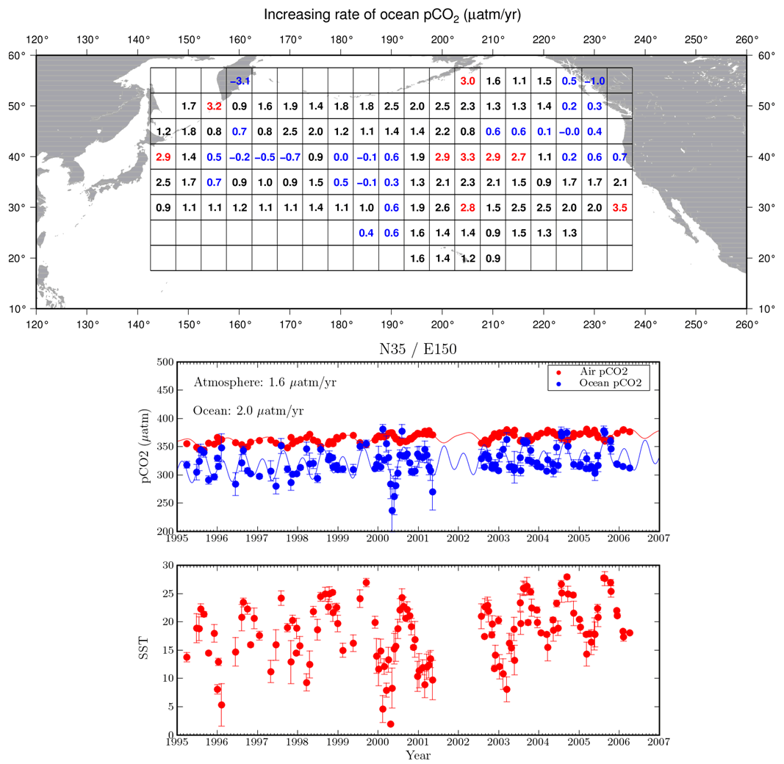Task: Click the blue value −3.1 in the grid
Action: pyautogui.click(x=240, y=81)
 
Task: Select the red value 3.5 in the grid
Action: pyautogui.click(x=619, y=207)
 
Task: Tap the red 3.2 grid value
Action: pyautogui.click(x=214, y=106)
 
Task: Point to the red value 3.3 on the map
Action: pyautogui.click(x=467, y=157)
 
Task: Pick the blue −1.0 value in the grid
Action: pyautogui.click(x=594, y=81)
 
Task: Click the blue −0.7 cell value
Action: pyautogui.click(x=290, y=157)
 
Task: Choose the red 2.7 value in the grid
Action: pyautogui.click(x=519, y=157)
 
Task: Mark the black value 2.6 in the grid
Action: pyautogui.click(x=442, y=207)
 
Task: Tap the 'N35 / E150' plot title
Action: pyautogui.click(x=418, y=348)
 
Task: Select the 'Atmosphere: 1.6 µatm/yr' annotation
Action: pyautogui.click(x=265, y=383)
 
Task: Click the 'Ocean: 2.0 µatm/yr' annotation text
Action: pyautogui.click(x=248, y=411)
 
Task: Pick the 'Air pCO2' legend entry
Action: pyautogui.click(x=603, y=372)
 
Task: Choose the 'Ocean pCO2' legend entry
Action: pyautogui.click(x=611, y=383)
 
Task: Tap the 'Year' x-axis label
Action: pyautogui.click(x=418, y=755)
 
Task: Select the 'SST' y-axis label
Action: pyautogui.click(x=143, y=648)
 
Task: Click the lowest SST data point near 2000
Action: pyautogui.click(x=390, y=724)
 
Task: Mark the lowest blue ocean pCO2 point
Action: pyautogui.click(x=392, y=511)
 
